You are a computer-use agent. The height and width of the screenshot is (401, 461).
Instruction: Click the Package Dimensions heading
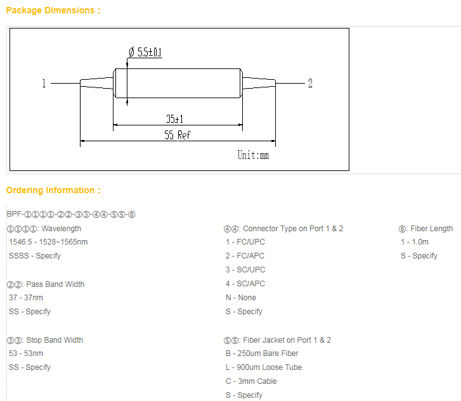(53, 10)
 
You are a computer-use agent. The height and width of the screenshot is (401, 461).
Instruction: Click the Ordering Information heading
(53, 191)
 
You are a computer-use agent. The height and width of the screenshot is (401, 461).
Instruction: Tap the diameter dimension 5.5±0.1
(145, 52)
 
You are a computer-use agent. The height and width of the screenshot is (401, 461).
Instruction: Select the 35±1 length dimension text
(174, 119)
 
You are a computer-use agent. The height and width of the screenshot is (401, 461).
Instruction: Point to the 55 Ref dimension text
(178, 135)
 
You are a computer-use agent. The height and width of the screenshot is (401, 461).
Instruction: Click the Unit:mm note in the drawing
(253, 155)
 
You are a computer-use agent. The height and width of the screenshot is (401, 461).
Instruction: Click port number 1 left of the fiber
(44, 83)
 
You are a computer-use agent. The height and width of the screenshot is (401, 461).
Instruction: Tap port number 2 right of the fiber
(310, 83)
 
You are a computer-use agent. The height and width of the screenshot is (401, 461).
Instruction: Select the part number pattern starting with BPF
(71, 214)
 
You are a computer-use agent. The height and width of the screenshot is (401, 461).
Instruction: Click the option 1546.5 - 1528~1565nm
(48, 242)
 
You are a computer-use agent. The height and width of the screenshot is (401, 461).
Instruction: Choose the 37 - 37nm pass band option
(26, 298)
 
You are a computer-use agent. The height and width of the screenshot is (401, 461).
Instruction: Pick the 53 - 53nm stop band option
(26, 353)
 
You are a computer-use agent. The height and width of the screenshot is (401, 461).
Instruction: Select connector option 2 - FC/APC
(245, 255)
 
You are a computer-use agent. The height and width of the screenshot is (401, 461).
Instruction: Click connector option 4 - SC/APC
(245, 284)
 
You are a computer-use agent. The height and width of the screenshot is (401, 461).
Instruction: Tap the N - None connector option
(241, 298)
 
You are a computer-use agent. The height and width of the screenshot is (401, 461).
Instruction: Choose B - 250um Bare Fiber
(262, 353)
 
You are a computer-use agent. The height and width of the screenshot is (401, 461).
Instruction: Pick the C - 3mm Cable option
(251, 381)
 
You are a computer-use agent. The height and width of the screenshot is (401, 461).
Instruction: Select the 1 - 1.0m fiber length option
(415, 242)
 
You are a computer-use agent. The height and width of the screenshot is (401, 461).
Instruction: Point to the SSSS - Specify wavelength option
(35, 256)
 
